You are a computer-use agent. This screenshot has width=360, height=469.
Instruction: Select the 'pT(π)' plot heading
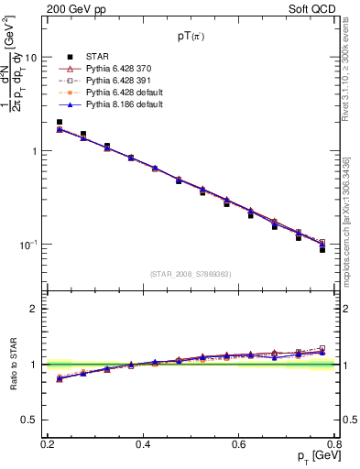(191, 38)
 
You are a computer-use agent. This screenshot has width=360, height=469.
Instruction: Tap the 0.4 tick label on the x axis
(143, 443)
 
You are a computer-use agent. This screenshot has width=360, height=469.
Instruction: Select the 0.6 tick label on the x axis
(239, 443)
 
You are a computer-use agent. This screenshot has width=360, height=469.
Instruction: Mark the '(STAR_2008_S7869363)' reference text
(191, 273)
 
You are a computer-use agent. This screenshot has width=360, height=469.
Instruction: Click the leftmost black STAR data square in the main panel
(60, 122)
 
